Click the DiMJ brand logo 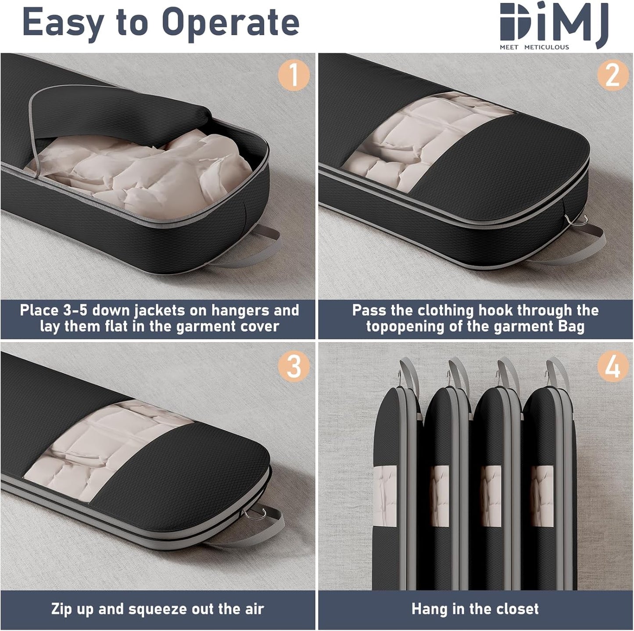[x=554, y=22]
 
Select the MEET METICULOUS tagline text [x=534, y=47]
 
